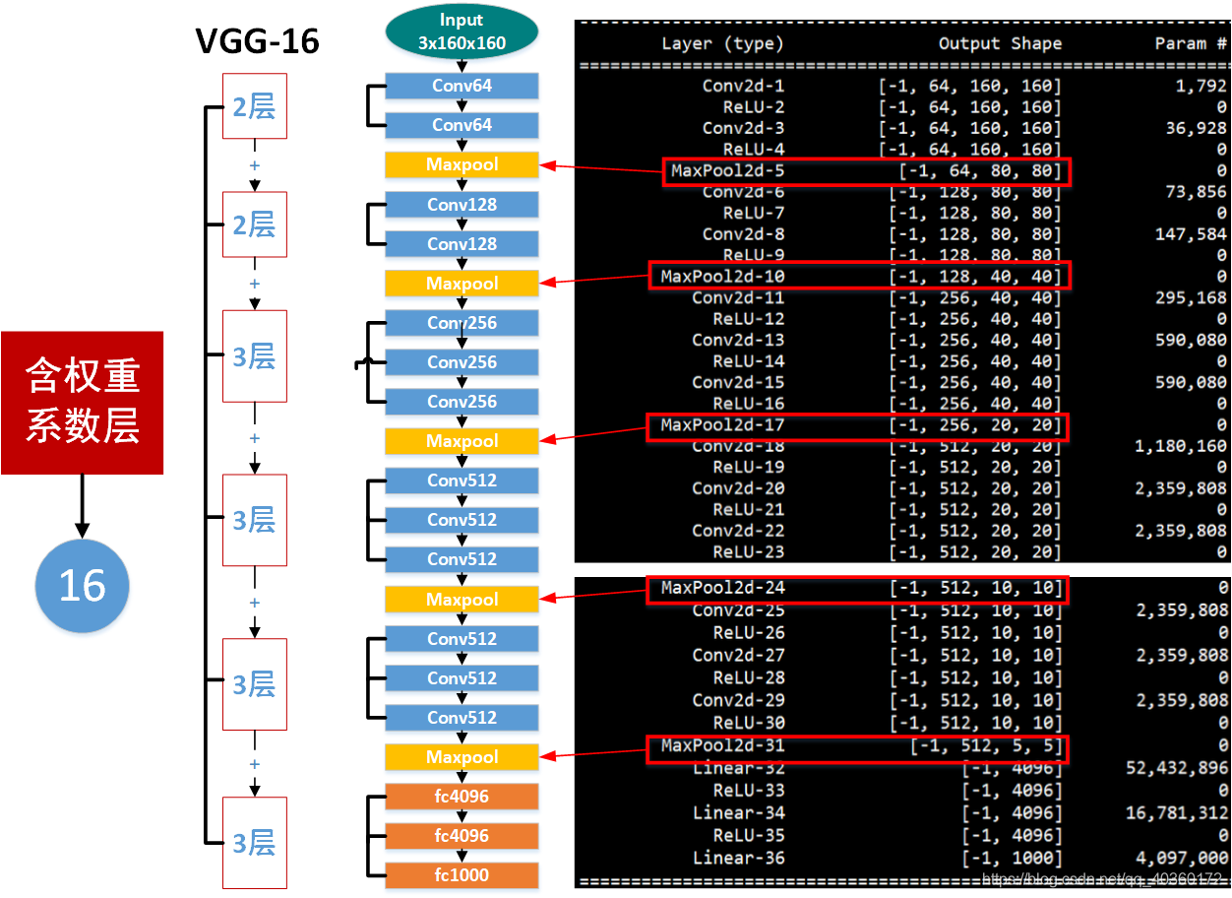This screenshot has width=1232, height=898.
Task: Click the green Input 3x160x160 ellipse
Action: (462, 32)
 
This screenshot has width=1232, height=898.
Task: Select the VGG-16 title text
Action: (257, 41)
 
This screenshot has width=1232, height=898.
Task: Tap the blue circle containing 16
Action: (82, 586)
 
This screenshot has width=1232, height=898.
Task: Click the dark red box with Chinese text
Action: (82, 402)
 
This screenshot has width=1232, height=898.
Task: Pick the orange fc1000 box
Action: (462, 874)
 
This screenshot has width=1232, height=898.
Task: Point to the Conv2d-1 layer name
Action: (743, 86)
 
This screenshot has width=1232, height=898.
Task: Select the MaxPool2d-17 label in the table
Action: (722, 425)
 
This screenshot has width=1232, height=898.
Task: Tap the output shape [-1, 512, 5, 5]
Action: (986, 746)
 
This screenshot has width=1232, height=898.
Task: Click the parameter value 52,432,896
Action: (1176, 768)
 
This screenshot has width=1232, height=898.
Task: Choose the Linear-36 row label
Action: (738, 858)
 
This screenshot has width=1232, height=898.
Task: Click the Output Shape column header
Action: (1000, 43)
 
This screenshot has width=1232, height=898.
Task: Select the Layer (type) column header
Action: (722, 43)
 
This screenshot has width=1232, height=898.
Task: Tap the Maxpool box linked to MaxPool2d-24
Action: (462, 599)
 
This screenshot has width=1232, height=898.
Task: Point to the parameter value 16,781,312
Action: (1176, 812)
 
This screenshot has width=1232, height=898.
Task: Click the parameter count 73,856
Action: (1196, 192)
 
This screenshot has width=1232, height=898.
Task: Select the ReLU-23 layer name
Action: (748, 552)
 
